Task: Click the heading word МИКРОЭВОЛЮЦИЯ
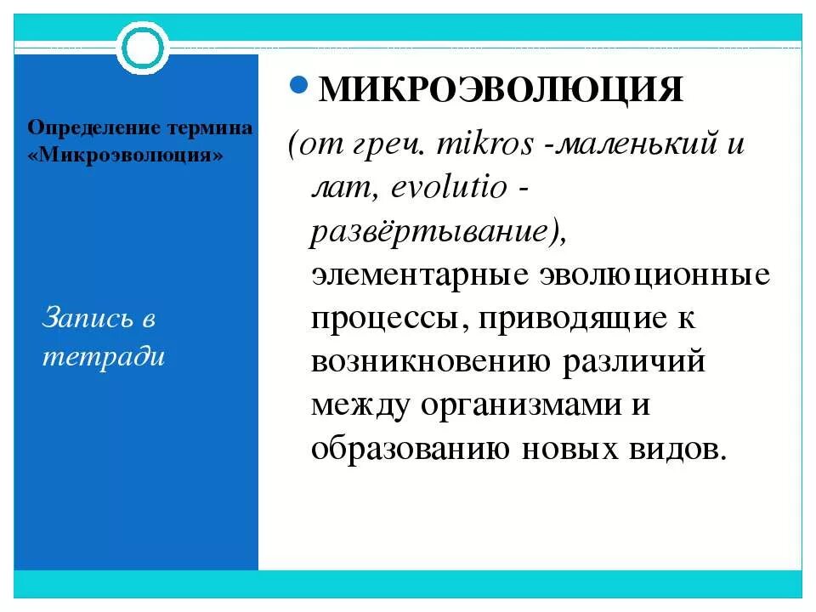[x=501, y=89]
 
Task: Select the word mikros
[x=485, y=144]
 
